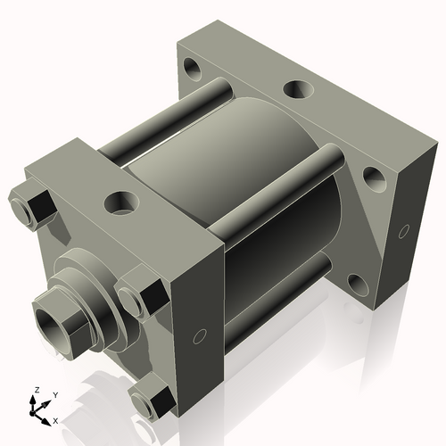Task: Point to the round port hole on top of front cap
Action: pos(119,201)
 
